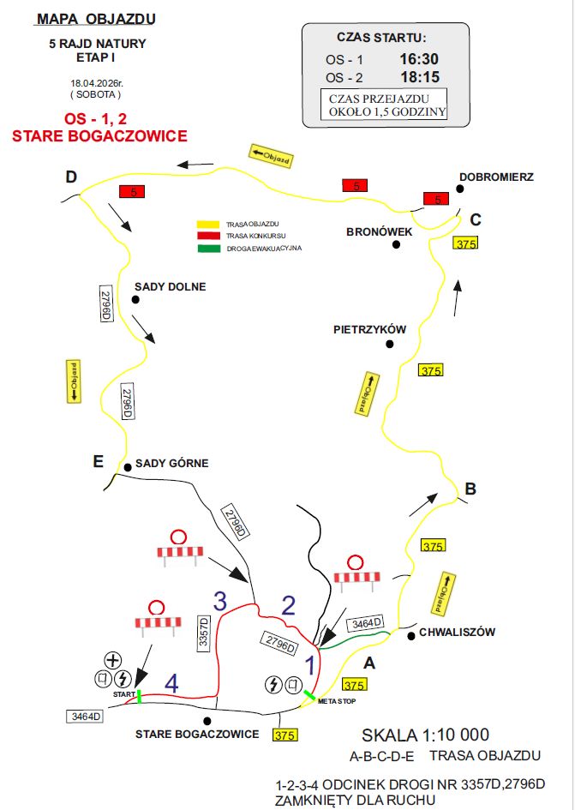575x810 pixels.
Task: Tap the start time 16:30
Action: (x=418, y=59)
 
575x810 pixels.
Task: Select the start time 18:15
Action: (x=418, y=76)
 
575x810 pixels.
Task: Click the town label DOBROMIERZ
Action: (x=496, y=177)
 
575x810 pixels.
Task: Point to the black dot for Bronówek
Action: (x=397, y=244)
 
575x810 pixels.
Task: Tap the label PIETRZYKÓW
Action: (x=369, y=329)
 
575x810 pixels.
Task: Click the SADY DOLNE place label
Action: (x=170, y=286)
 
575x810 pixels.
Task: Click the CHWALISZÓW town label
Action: (x=457, y=633)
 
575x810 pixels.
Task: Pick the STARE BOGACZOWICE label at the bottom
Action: (x=197, y=735)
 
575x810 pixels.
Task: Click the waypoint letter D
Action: (x=71, y=177)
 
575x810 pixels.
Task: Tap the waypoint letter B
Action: (x=470, y=489)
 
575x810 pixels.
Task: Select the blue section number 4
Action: (x=171, y=683)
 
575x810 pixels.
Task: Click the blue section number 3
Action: (x=220, y=603)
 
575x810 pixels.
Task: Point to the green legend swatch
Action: (x=208, y=249)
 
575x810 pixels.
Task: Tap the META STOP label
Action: (x=336, y=701)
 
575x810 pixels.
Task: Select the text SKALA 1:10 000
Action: (x=425, y=735)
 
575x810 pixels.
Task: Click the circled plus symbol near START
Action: (x=111, y=660)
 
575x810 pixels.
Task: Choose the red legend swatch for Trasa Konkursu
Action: (x=208, y=235)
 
